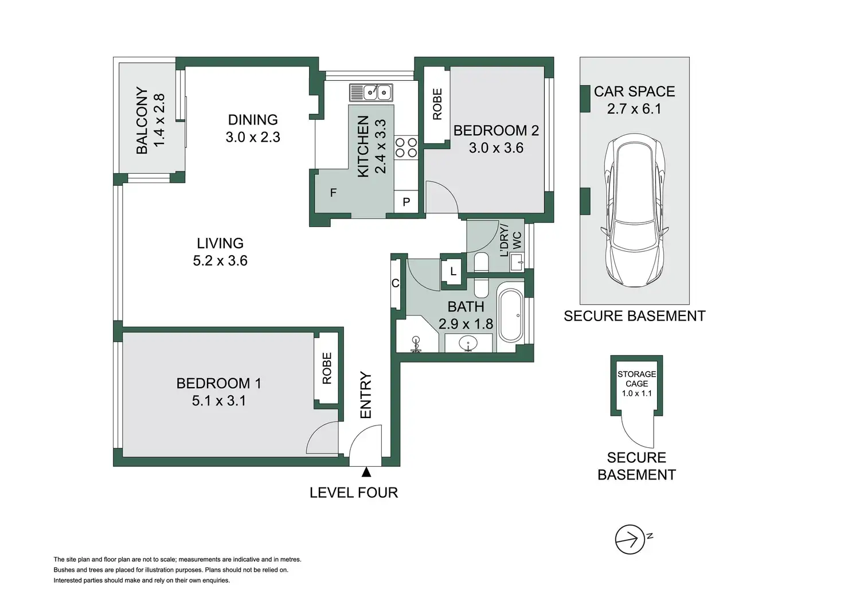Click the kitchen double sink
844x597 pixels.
tap(371, 93)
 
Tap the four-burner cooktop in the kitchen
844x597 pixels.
tap(406, 147)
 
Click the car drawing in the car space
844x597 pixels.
tap(635, 210)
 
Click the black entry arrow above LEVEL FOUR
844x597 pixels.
tap(366, 472)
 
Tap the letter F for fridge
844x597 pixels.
tap(333, 193)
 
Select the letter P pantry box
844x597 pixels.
tap(406, 202)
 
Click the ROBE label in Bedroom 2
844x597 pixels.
tap(437, 104)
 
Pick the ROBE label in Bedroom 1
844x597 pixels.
tap(327, 368)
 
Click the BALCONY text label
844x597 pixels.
tap(142, 120)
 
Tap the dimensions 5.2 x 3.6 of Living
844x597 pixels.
tap(220, 260)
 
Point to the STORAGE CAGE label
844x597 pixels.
tap(637, 379)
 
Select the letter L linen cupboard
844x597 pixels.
tap(454, 271)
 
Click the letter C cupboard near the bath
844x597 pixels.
tap(395, 283)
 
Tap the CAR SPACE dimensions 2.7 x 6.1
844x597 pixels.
tap(634, 109)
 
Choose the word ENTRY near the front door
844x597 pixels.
tap(366, 395)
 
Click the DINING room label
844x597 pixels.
tap(253, 120)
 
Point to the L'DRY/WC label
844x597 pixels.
tap(510, 241)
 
